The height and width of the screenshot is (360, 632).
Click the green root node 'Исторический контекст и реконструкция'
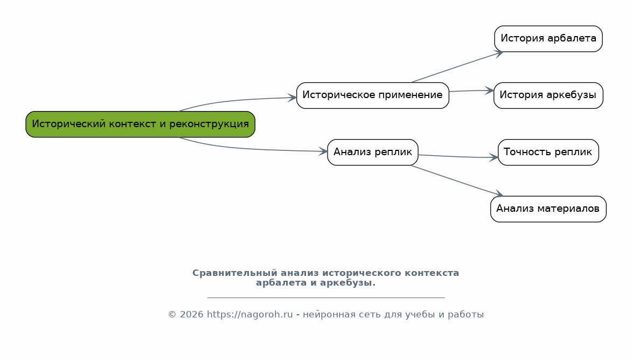[140, 124]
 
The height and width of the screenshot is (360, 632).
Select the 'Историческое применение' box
[372, 95]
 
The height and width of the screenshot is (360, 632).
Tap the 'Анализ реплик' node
[372, 153]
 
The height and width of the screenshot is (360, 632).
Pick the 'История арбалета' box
[548, 39]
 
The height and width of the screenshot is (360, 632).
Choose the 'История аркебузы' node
[548, 95]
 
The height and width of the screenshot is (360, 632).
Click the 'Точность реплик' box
[548, 153]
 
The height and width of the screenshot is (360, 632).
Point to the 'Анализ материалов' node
[548, 209]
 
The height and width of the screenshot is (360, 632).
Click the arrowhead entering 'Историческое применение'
[292, 98]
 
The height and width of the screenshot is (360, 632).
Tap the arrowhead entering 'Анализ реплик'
[323, 151]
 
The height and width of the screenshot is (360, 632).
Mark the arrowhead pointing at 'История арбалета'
[499, 53]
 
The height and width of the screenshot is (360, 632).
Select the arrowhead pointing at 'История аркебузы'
[489, 91]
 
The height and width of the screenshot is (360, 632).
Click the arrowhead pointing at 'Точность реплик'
[494, 157]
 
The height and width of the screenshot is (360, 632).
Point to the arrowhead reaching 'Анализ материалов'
[499, 194]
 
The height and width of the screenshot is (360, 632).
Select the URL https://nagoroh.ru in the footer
[250, 314]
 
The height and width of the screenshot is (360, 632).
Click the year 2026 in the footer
[191, 314]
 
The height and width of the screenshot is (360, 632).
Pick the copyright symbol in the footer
[172, 314]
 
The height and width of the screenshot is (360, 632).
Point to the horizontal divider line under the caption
[326, 297]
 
